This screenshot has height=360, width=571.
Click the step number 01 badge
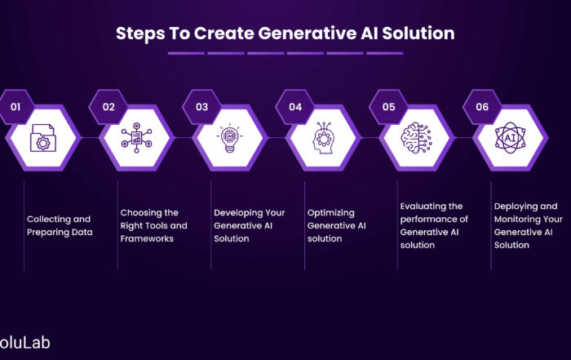15,107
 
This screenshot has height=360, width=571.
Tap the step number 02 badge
108,107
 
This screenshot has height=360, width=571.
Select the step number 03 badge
201,107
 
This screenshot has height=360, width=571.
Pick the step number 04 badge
295,107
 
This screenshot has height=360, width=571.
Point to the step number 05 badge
388,107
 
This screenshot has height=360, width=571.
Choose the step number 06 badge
482,107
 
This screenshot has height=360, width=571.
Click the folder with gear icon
43,138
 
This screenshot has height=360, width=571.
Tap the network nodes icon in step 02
136,138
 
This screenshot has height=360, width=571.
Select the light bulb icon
230,138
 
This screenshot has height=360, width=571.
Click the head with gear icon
323,138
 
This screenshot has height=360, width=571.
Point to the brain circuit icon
417,138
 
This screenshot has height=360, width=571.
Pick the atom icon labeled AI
510,138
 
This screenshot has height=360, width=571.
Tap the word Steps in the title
140,34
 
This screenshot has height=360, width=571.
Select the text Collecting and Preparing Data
60,225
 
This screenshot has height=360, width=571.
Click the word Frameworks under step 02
147,238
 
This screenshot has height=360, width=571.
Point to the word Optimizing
331,213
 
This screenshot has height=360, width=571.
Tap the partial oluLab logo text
24,343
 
